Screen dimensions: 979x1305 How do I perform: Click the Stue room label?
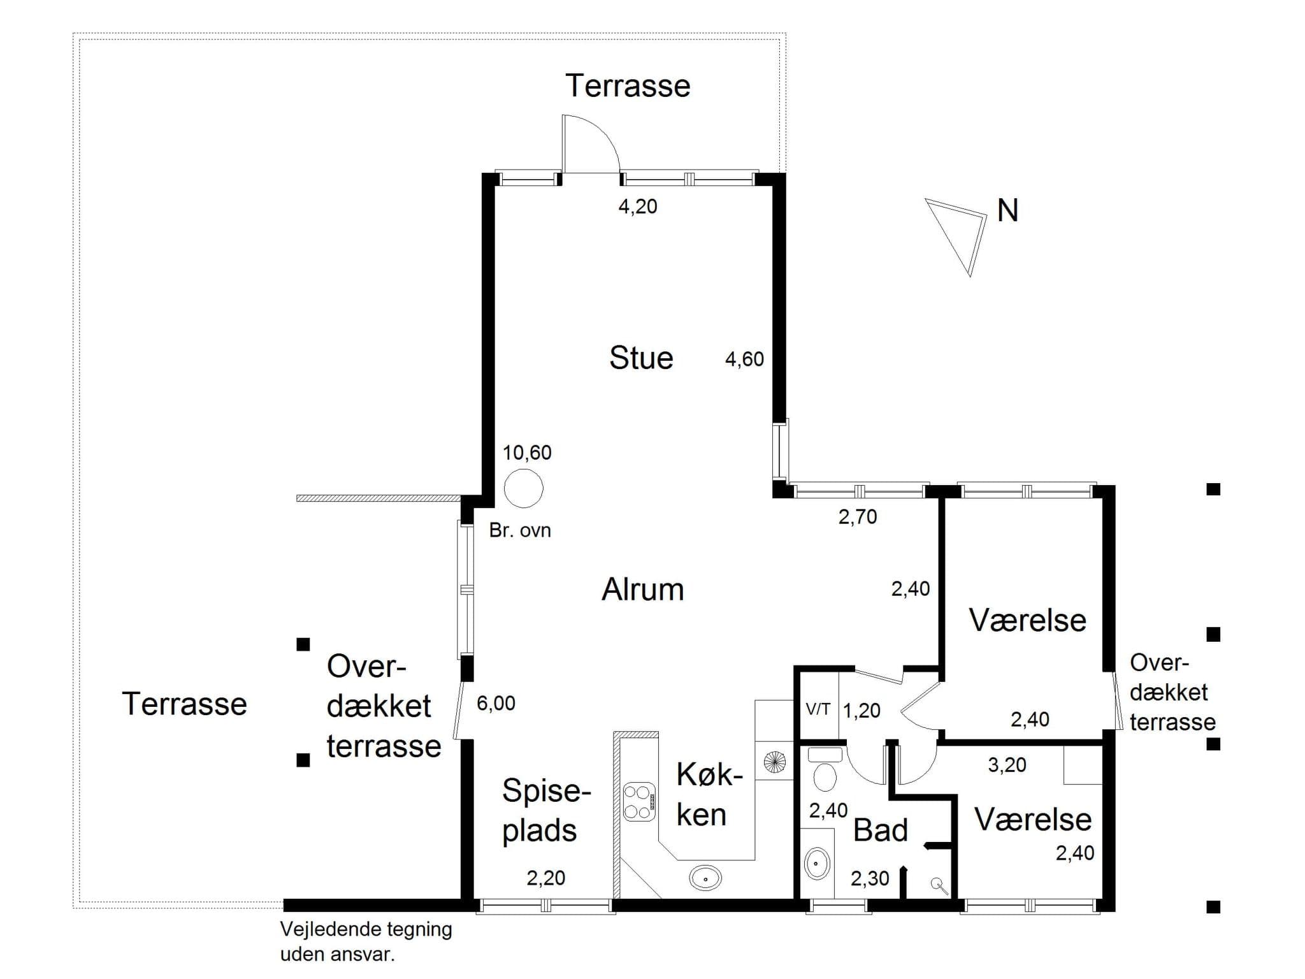click(641, 358)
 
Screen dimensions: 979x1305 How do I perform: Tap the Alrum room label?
click(642, 590)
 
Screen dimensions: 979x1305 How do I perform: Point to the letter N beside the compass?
click(1007, 211)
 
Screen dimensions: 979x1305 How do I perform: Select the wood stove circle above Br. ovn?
click(523, 488)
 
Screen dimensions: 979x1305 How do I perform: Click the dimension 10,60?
click(527, 453)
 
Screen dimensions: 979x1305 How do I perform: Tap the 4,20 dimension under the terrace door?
click(637, 207)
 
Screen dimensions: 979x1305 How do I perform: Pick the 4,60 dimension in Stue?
click(744, 359)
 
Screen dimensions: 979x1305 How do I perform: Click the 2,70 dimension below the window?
click(857, 517)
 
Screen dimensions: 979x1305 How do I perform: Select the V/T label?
click(818, 709)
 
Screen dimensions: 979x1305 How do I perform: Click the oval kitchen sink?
click(705, 878)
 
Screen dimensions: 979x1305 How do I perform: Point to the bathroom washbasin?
click(817, 864)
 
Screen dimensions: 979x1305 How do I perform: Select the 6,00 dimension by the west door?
click(496, 704)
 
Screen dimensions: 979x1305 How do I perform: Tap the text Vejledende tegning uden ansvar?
click(366, 941)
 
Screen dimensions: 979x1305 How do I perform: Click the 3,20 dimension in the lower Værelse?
click(1007, 765)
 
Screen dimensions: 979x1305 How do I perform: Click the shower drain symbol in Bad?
click(937, 883)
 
